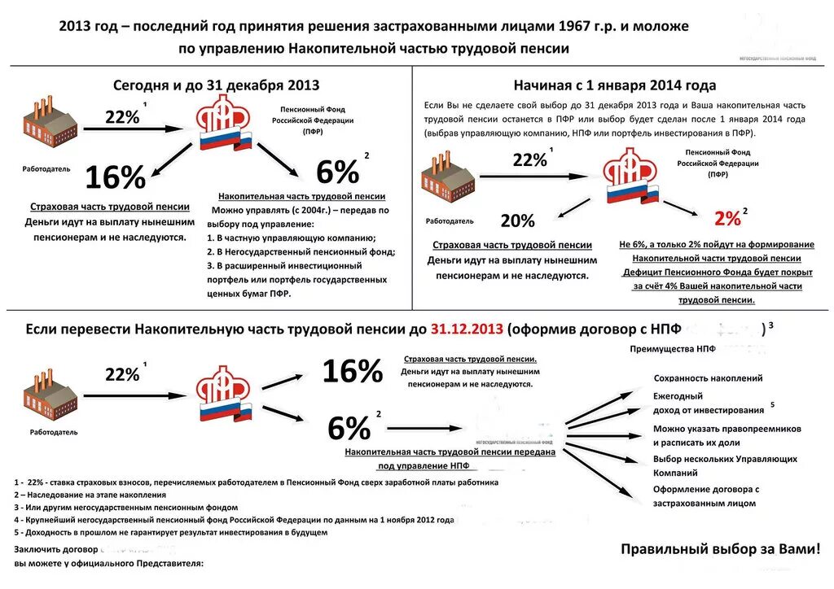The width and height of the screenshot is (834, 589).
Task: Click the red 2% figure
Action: point(726,218)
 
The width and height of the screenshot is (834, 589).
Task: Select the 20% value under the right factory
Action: point(517,220)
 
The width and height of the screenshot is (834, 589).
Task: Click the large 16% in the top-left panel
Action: point(116,177)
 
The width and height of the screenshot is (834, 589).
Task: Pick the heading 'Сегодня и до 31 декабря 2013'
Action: point(216,85)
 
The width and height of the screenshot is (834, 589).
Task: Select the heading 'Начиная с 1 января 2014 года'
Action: point(615,85)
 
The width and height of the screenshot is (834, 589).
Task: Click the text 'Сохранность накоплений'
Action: point(708,378)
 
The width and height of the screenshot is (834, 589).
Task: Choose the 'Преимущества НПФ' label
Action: point(673,349)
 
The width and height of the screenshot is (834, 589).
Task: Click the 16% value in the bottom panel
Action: point(353,372)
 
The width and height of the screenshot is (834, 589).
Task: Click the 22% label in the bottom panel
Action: point(122,374)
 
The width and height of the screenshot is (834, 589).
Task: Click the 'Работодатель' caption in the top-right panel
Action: point(450,220)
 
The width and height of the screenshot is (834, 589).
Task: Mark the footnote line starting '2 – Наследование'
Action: point(90,495)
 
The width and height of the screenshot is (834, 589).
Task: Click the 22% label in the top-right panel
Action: point(529,160)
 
